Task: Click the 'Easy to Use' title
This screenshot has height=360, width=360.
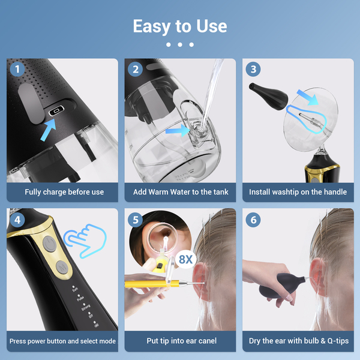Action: pos(180,26)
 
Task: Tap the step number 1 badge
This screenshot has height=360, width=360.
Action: pos(17,69)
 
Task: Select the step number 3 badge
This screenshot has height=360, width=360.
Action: pos(253,69)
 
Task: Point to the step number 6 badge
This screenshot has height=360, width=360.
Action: pos(253,220)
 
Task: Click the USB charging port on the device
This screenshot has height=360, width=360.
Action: pos(56,111)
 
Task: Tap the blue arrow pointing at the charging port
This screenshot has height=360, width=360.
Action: pos(49,130)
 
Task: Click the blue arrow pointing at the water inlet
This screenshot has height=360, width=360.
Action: pos(178,130)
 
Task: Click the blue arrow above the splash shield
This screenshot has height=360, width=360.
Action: pos(308,97)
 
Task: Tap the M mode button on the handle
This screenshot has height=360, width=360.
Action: pos(62,267)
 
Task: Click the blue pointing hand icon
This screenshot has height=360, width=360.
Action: pos(86,241)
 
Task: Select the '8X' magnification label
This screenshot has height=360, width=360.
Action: pos(185,259)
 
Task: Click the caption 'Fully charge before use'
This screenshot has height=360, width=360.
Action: pos(64,192)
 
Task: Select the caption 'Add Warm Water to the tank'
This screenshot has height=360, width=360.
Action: pos(181,192)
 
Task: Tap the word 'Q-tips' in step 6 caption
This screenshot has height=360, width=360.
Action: pos(338,341)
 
